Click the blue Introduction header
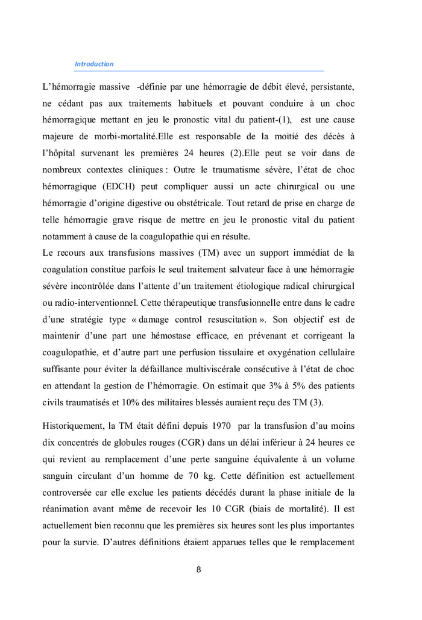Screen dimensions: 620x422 point(94,64)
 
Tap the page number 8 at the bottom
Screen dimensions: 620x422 point(198,570)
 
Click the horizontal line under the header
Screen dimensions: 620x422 point(199,71)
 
